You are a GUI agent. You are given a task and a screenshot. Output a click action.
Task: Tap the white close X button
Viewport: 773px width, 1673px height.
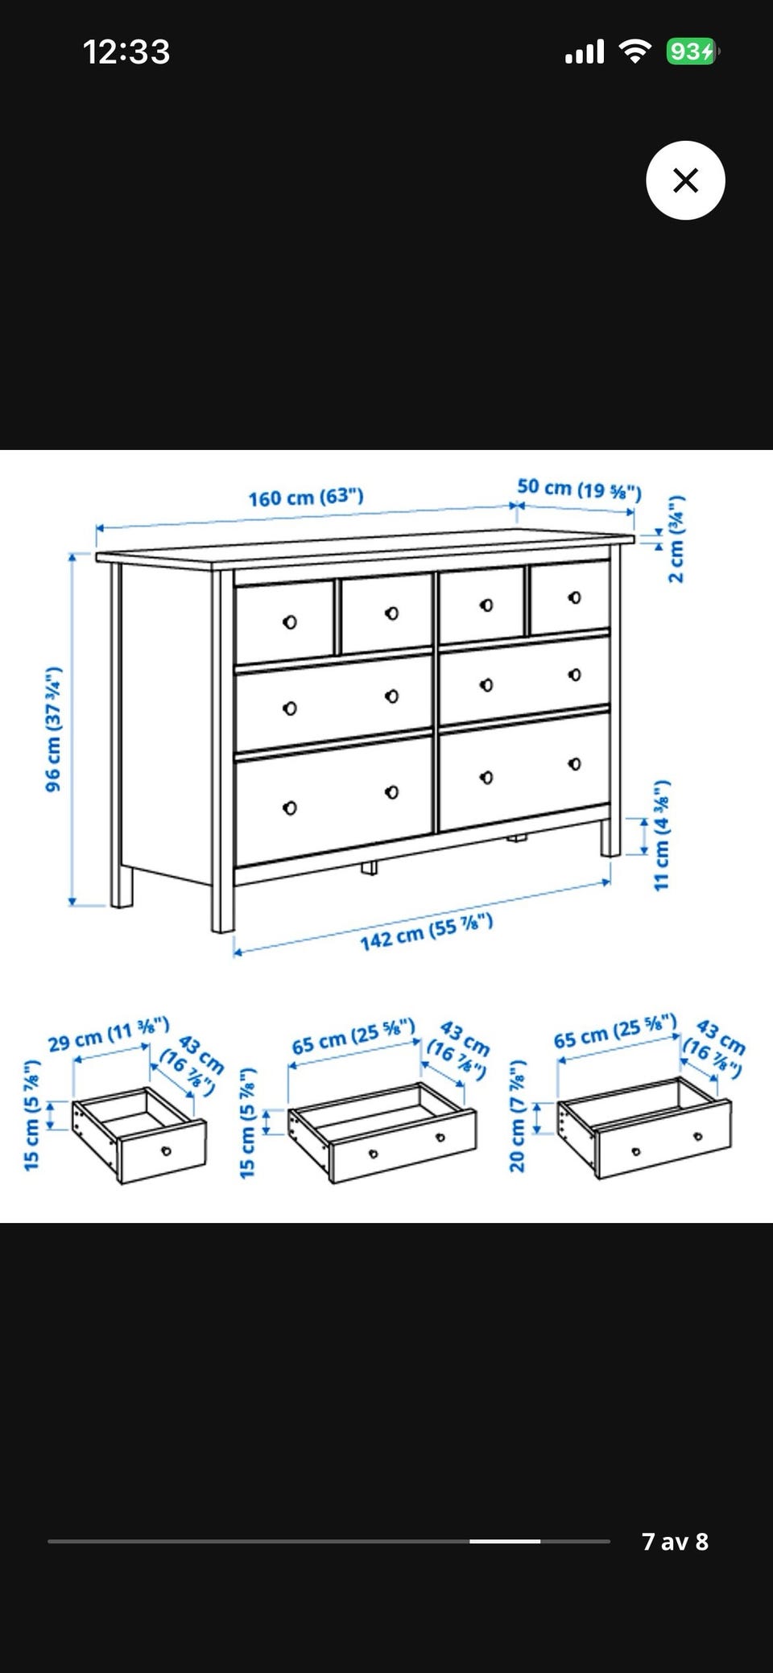coord(685,180)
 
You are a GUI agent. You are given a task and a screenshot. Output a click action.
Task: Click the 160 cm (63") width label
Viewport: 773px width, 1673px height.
coord(306,497)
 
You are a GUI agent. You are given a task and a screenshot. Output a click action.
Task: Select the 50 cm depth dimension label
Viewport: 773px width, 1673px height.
coord(579,489)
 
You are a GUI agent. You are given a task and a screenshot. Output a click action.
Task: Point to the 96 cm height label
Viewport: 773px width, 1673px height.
coord(53,729)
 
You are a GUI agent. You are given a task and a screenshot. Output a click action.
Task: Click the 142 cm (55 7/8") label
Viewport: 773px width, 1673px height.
coord(426,932)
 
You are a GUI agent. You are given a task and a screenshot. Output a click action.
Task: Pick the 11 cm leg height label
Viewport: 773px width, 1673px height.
coord(661,835)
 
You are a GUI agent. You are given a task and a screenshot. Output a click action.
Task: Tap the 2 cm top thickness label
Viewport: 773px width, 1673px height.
coord(676,538)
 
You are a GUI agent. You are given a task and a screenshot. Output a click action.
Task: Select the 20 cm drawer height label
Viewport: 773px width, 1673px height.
coord(517,1116)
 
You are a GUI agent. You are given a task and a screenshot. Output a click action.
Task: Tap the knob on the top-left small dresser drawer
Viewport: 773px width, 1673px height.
coord(290,622)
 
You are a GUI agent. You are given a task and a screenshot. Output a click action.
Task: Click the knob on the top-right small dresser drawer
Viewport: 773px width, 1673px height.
coord(574,597)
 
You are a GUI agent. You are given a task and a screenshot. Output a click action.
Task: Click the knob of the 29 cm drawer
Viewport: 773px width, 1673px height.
coord(167,1150)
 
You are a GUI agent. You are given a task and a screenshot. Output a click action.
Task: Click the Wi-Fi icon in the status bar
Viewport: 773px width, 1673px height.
coord(635,52)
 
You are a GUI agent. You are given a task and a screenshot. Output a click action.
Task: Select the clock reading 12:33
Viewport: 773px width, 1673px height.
coord(126,52)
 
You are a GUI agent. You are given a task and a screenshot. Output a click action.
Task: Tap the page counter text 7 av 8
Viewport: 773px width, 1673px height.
coord(675,1541)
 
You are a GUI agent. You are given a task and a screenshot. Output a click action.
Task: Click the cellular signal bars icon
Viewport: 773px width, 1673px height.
coord(585,52)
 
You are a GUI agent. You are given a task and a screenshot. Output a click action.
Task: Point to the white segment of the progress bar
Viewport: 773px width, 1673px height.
coord(505,1541)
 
